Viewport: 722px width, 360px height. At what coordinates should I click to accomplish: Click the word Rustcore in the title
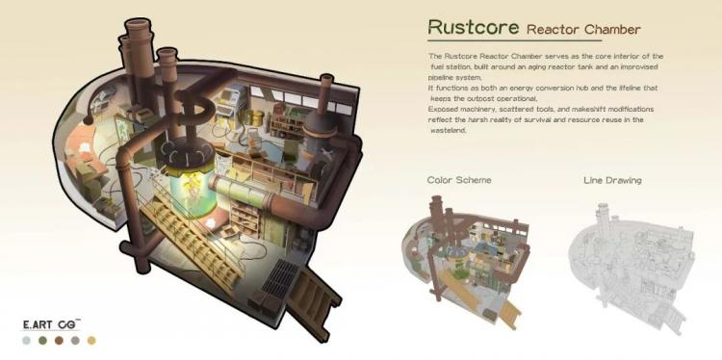pos(474,27)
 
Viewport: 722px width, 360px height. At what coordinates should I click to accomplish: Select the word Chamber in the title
pos(612,30)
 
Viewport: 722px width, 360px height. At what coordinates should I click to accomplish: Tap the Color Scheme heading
pos(459,180)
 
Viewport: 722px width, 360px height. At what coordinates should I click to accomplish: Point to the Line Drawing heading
pos(612,180)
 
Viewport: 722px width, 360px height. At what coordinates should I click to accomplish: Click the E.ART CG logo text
pos(51,324)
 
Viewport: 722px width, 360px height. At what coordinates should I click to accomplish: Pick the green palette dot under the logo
pos(42,341)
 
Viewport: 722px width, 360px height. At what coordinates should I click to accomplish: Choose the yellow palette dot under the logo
pos(91,341)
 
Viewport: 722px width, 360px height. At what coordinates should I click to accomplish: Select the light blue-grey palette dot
pos(27,341)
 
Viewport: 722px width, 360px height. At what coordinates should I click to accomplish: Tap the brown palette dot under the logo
pos(59,341)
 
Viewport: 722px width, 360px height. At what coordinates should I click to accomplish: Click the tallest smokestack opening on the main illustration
pos(139,25)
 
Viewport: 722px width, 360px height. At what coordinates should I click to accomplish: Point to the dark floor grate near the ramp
pos(279,279)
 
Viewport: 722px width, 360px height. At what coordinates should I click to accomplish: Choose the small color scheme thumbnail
pos(466,262)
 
